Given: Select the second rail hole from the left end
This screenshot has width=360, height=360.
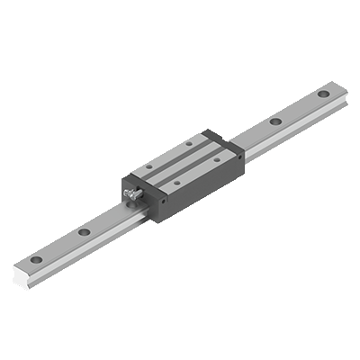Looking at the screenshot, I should [x=84, y=232].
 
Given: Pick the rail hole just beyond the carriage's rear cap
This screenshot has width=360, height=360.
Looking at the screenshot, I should [x=275, y=121].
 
